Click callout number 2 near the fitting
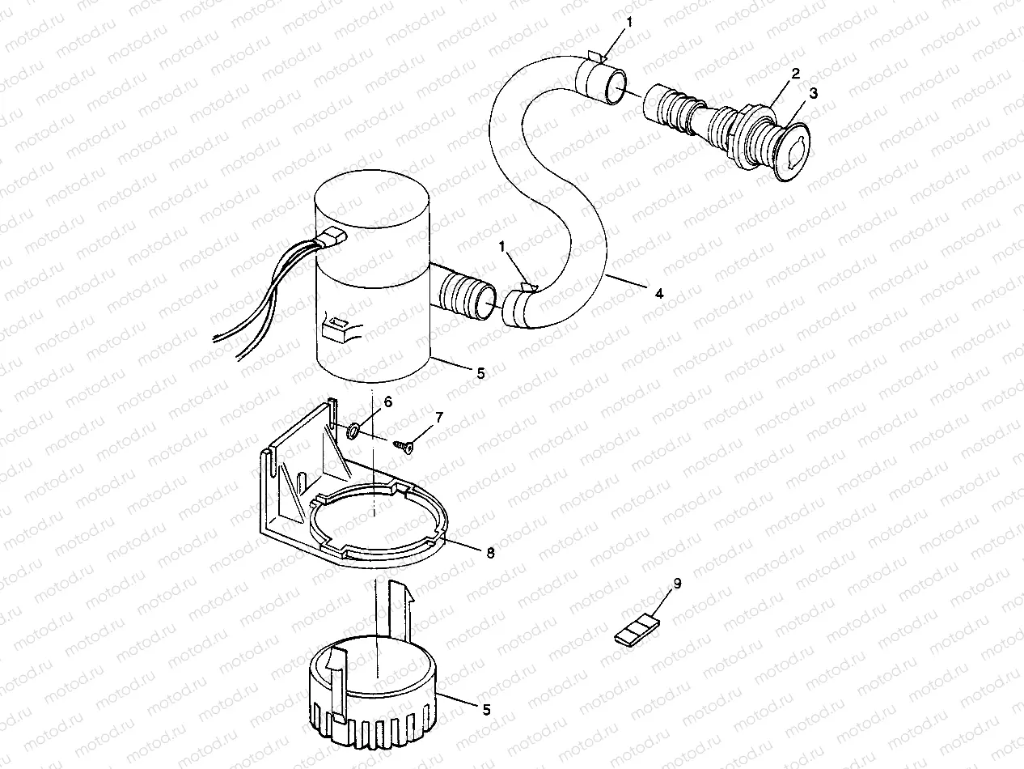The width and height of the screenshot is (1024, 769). [796, 73]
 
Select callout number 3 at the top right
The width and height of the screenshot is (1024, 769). [814, 93]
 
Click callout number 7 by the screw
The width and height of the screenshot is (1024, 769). [439, 418]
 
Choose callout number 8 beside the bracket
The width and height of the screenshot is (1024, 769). [490, 553]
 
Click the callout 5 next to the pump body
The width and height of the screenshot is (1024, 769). [480, 373]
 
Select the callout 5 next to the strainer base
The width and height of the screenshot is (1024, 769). [485, 710]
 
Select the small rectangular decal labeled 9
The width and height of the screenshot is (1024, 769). [637, 632]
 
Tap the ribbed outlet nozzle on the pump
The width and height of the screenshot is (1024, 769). [464, 293]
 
